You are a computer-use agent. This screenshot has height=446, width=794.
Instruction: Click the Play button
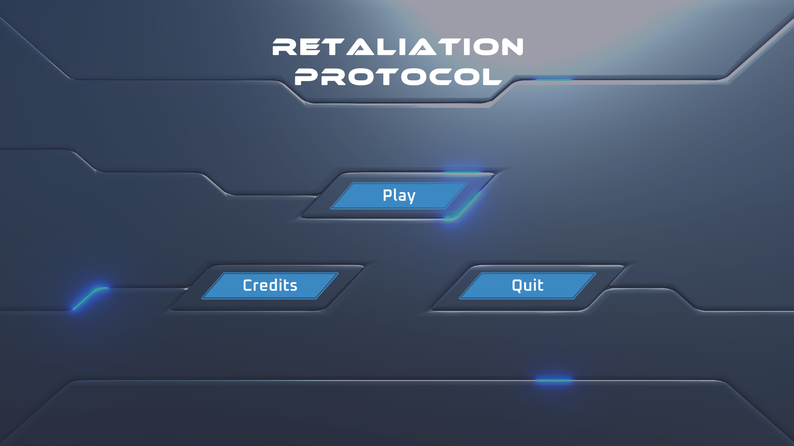[x=399, y=196]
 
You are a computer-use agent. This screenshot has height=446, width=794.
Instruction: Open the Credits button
[x=270, y=286]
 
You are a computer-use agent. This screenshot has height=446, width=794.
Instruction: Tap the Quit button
[x=528, y=286]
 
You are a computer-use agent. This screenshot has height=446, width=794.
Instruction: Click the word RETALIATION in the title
[x=398, y=47]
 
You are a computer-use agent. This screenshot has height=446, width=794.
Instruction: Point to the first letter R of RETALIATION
[x=284, y=47]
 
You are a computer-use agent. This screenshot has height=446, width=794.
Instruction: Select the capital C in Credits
[x=248, y=285]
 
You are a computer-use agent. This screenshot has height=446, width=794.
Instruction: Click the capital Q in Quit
[x=517, y=286]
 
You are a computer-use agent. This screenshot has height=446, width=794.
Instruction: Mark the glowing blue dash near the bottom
[x=554, y=380]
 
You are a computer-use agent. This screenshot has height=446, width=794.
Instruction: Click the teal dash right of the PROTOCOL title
[x=554, y=80]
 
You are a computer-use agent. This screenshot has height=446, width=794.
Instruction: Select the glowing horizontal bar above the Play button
[x=462, y=172]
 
